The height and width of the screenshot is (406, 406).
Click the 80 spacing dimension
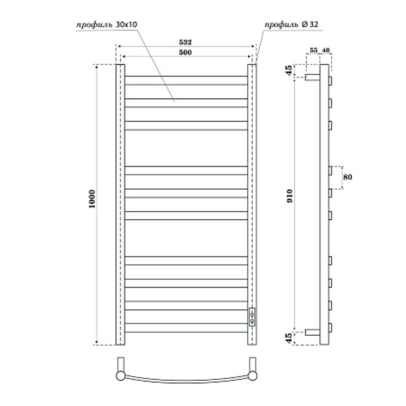coord(348,177)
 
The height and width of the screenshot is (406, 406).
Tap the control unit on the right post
coord(253,317)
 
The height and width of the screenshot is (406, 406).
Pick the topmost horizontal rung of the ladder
coord(187,76)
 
